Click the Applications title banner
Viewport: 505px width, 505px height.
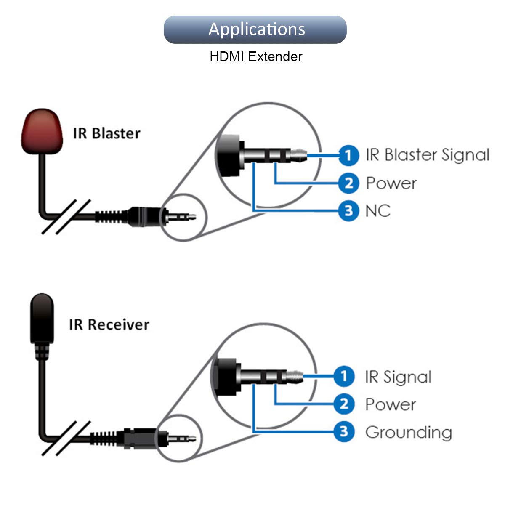[255, 29]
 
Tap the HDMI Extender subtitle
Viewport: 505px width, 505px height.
[256, 57]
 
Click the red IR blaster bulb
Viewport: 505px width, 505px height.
[42, 131]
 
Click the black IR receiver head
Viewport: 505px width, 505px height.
[42, 319]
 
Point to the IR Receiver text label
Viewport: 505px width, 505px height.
[109, 324]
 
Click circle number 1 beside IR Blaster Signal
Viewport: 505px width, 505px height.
[348, 155]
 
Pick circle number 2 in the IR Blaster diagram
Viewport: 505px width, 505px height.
[348, 183]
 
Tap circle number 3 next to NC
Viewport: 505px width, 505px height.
[348, 211]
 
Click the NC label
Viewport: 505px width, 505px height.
[378, 211]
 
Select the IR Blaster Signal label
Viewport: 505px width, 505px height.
[428, 155]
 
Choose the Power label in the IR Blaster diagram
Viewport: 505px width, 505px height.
[391, 183]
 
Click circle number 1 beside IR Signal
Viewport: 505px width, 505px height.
[344, 376]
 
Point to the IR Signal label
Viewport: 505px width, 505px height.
[398, 377]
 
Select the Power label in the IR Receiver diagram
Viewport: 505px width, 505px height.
[391, 404]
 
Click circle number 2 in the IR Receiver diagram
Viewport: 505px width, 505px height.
[344, 404]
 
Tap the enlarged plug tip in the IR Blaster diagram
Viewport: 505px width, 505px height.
[299, 155]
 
